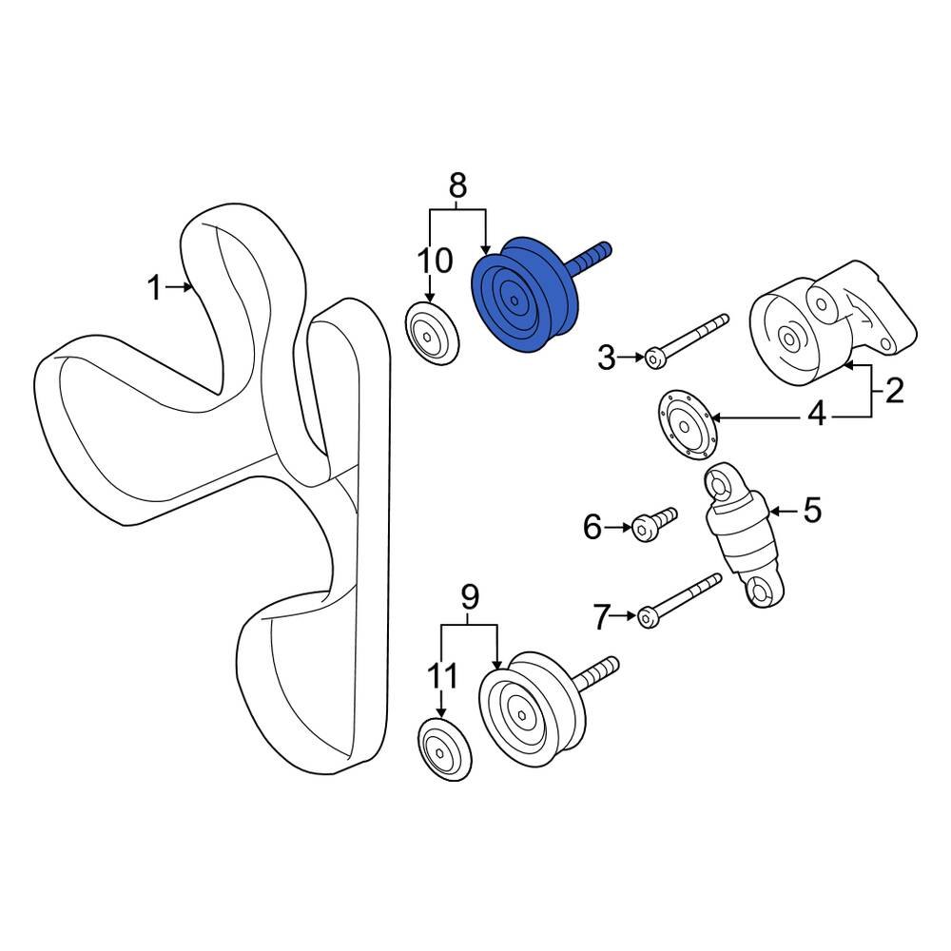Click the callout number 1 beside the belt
coord(155,287)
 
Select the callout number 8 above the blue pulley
coord(458,185)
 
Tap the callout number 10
coord(435,261)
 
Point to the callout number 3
coord(607,358)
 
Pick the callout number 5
coord(812,510)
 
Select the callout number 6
coord(592,527)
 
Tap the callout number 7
coord(601,618)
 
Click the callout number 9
coord(470,597)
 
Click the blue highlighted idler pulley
coord(525,296)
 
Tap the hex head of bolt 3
coord(654,359)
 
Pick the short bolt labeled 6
coord(654,525)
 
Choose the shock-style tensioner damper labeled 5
coord(745,534)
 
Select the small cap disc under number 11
coord(444,750)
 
